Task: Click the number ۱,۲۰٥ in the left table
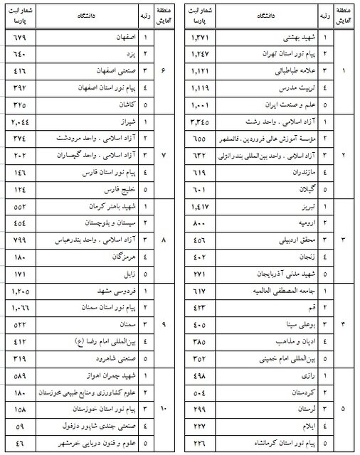pos(21,291)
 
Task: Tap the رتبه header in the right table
pos(325,14)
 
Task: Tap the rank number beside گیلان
pos(325,190)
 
